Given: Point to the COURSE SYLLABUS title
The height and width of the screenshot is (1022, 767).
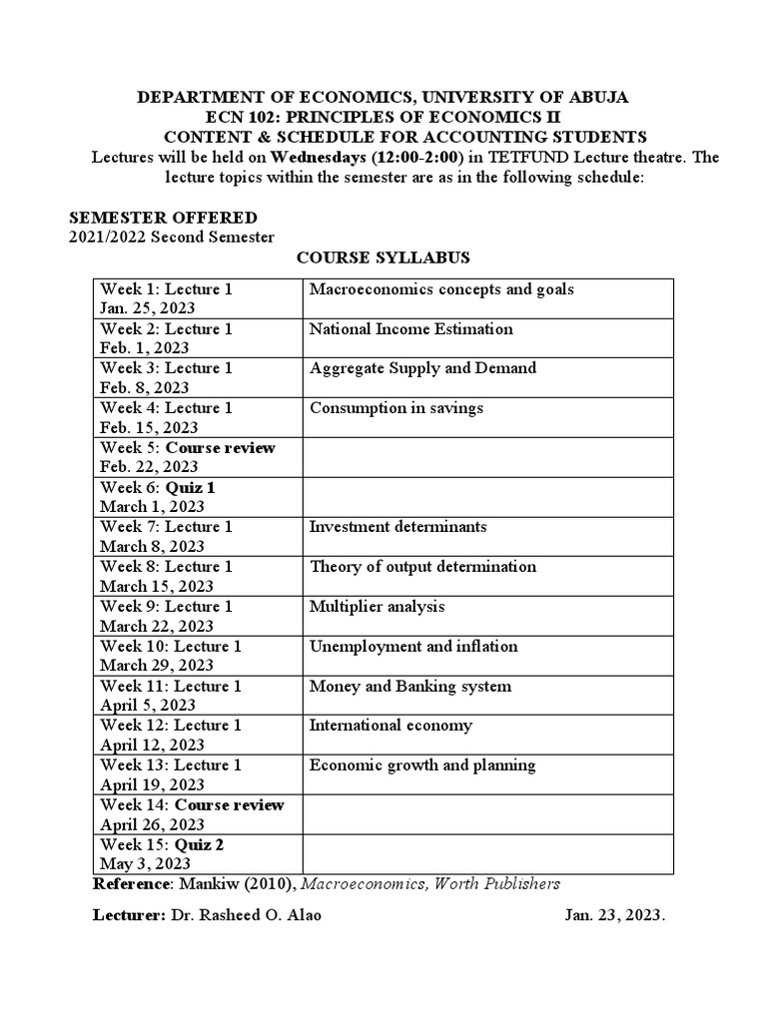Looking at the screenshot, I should pos(383,257).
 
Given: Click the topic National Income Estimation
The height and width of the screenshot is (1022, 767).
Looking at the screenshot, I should pos(411,328).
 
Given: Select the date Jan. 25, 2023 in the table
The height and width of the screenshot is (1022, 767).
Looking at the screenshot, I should pos(148,308).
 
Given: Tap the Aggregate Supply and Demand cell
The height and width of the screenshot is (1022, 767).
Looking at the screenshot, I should pos(422,368).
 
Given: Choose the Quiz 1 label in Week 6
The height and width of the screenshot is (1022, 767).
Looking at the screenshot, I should pos(190,487).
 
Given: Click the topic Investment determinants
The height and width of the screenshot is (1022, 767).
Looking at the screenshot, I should pos(397,526).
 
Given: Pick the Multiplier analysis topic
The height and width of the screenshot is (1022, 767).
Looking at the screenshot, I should pos(378,606).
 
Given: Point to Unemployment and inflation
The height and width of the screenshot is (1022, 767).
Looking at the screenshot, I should pos(413,646).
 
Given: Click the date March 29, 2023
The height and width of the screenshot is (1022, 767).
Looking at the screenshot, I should pos(157,665).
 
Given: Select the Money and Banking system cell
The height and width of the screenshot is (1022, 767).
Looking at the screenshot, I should pos(410,686).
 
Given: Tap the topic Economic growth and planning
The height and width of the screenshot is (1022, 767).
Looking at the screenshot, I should pos(422,765).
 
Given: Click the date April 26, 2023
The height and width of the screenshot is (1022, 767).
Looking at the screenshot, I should pos(153,824).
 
